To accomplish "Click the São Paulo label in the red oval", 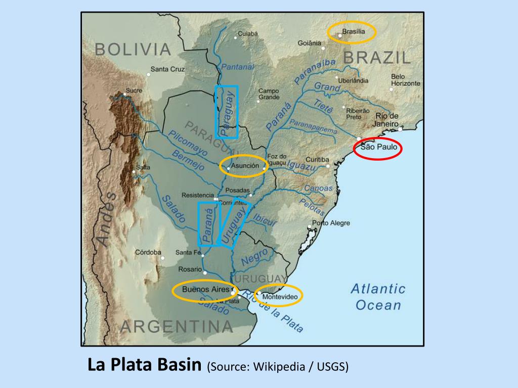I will point(377,149).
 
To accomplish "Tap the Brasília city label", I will point(353,32).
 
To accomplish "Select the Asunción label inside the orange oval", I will point(245,166).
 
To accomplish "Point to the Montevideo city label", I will point(280,297).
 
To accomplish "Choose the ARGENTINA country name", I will point(177,326).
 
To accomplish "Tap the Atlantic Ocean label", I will point(378,297).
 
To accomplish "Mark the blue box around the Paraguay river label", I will point(226,112).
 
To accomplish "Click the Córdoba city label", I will point(148,252).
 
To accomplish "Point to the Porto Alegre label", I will point(331,223).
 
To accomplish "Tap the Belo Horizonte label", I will point(405,80).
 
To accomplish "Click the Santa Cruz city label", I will point(168,69).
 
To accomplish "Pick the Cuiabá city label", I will point(248,33).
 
